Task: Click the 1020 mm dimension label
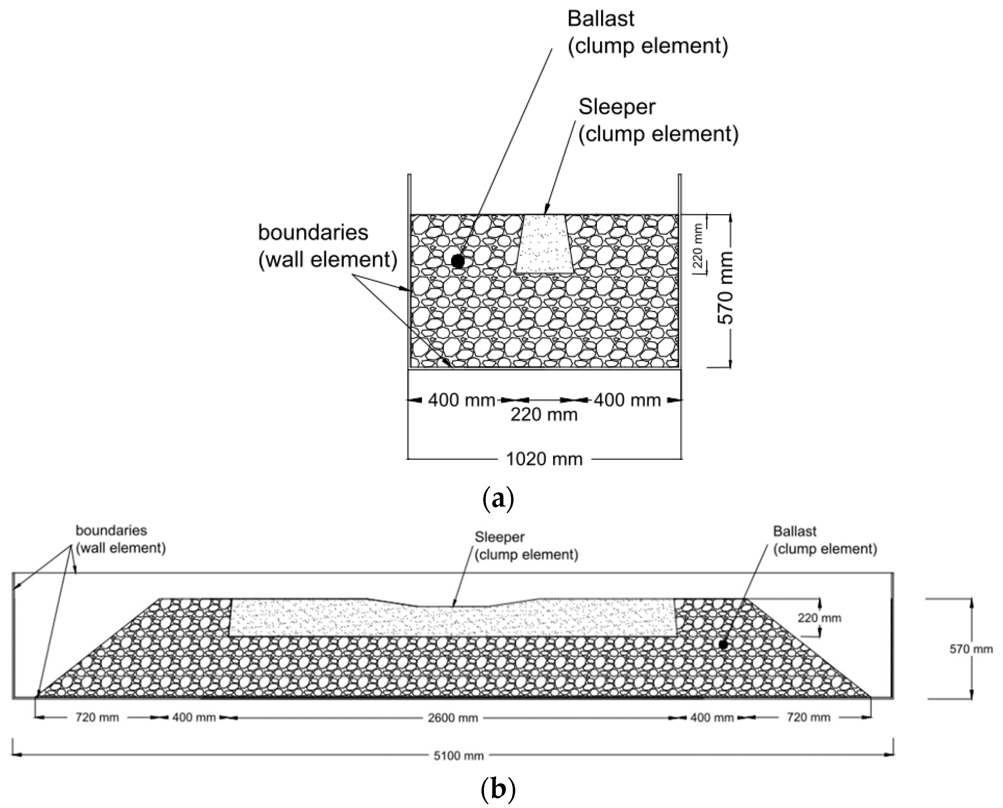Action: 544,459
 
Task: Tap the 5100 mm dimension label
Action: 459,756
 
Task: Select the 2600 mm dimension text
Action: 453,718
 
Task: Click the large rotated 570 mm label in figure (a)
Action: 725,288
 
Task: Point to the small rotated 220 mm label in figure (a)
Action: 698,245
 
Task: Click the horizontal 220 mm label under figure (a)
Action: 544,414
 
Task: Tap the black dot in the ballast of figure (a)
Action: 458,261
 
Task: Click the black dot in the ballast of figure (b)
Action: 723,645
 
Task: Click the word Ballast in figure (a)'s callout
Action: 600,19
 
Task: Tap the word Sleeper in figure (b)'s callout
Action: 499,537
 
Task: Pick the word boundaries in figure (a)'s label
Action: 313,232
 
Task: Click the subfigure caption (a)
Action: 498,499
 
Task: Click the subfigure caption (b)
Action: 498,789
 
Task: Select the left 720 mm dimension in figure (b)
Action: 97,717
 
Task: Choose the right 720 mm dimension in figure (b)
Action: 808,717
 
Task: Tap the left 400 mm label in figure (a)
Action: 461,400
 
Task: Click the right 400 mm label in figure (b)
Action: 712,717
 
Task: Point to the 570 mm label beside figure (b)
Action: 971,649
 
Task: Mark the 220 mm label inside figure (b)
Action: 819,618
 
